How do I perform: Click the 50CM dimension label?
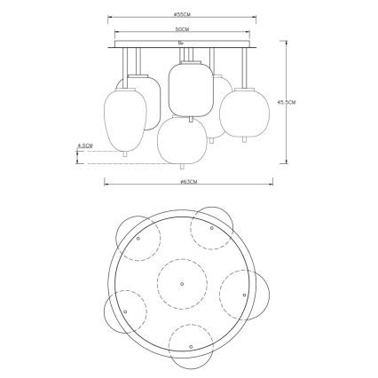click(181, 30)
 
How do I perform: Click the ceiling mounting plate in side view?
click(181, 43)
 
